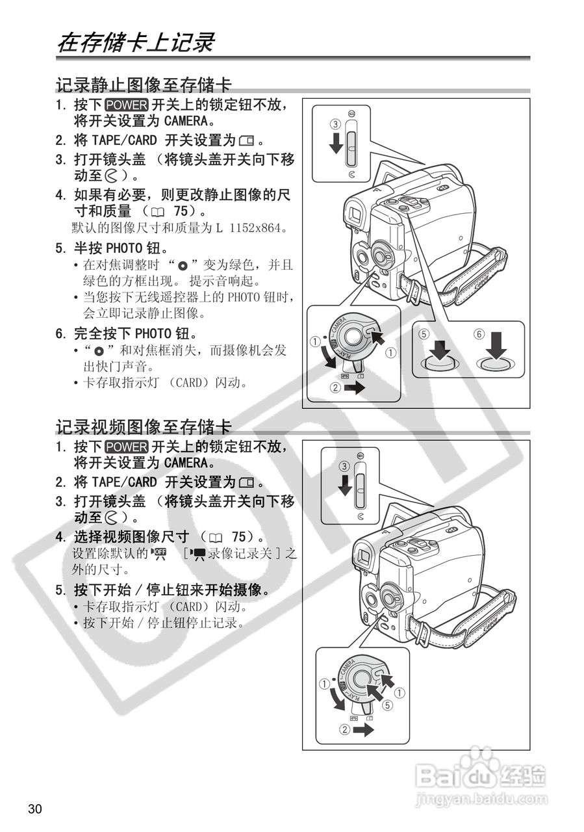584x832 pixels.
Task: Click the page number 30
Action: pos(34,809)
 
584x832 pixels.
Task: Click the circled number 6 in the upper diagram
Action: pos(479,334)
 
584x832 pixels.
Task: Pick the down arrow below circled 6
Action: pos(497,345)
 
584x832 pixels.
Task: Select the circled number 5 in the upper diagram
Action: pos(424,334)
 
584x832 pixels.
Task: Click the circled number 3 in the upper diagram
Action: pos(335,123)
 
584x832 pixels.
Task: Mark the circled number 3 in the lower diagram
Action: pos(344,466)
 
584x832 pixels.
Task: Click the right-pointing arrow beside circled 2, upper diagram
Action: pos(353,388)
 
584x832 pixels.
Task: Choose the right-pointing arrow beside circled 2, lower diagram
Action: pos(364,729)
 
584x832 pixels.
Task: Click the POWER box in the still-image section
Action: pos(127,105)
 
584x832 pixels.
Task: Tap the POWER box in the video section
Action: pos(127,447)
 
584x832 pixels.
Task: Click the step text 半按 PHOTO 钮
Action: pos(121,248)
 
